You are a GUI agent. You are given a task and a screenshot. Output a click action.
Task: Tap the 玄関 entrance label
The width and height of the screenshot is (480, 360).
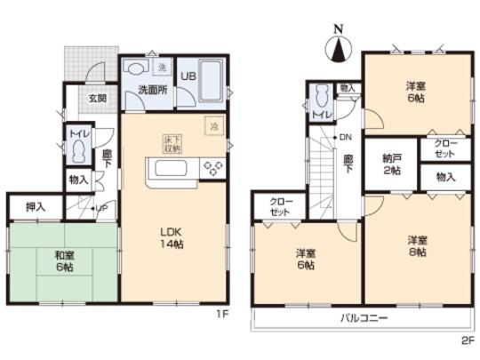coord(97,99)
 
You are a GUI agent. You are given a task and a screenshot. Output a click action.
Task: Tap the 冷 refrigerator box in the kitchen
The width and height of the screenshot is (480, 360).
coord(214,126)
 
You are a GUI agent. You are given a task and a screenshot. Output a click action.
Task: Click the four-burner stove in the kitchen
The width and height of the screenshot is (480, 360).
coord(214,168)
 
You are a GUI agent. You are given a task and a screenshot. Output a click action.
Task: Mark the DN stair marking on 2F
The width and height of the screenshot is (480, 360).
coord(344,138)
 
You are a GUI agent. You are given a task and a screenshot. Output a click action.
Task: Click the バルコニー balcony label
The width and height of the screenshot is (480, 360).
coord(362,317)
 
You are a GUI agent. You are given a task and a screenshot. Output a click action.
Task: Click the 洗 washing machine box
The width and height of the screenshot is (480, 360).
coord(162,68)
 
